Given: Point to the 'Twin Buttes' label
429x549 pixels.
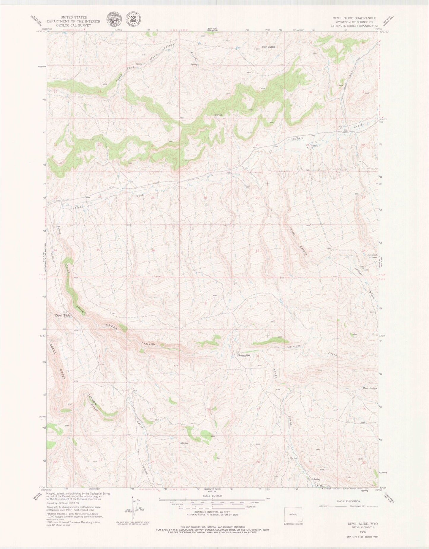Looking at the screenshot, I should click(268, 47).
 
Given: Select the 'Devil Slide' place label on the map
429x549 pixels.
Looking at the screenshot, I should click(62, 315).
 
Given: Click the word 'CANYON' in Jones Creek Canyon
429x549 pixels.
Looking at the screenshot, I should click(148, 344).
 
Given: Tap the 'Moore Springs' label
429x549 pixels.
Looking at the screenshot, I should click(369, 388).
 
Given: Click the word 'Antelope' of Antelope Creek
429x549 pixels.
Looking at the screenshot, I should click(294, 347).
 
